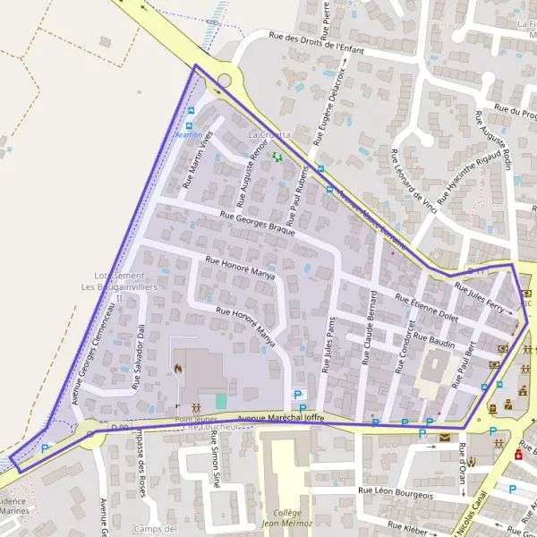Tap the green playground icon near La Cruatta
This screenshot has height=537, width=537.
277,157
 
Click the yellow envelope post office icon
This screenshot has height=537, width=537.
446,436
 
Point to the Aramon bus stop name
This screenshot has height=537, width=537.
189,134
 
